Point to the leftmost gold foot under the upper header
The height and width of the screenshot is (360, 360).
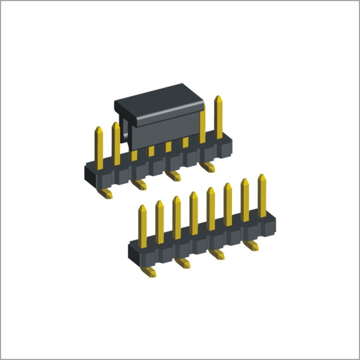[x=106, y=193]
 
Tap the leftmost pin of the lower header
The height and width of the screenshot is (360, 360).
[x=143, y=223]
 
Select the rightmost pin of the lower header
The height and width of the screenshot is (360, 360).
[x=262, y=195]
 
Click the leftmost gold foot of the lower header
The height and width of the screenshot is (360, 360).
[x=150, y=272]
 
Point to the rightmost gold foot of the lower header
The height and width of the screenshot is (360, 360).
[x=252, y=246]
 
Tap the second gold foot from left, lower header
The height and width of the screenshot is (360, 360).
[x=183, y=262]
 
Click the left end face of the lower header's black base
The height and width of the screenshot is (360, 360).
[x=133, y=253]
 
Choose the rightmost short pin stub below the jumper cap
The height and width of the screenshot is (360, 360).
[x=186, y=143]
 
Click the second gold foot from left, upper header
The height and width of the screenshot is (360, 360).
[x=139, y=184]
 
